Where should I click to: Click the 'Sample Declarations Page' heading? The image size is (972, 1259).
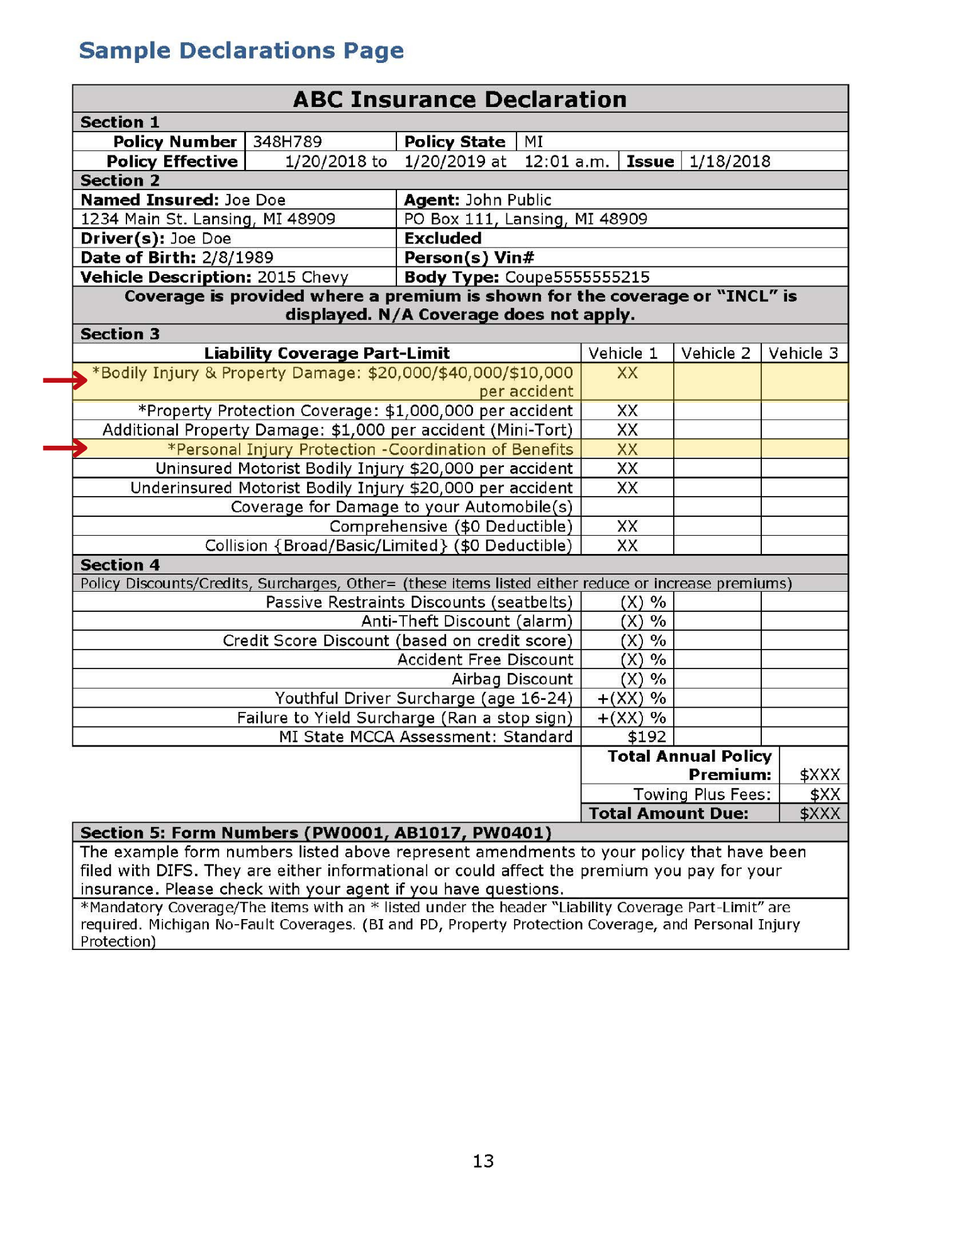click(x=241, y=50)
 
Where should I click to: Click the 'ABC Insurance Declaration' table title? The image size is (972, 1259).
click(x=460, y=99)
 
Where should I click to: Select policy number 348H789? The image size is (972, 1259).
click(x=287, y=142)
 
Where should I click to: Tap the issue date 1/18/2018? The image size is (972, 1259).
click(x=729, y=162)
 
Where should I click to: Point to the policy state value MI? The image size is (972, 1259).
click(x=533, y=142)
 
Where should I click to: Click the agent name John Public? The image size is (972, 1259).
click(x=508, y=200)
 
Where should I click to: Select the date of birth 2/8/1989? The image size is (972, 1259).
click(x=237, y=257)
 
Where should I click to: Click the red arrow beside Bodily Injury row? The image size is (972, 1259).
click(x=65, y=380)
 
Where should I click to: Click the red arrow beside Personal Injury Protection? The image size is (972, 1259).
click(x=65, y=448)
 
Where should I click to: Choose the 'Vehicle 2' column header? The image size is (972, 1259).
click(x=716, y=353)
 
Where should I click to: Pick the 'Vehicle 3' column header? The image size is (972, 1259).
click(x=803, y=353)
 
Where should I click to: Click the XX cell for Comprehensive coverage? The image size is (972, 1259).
click(x=627, y=526)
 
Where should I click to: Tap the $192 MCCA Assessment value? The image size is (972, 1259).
click(x=646, y=737)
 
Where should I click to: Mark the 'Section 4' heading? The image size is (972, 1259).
click(x=120, y=565)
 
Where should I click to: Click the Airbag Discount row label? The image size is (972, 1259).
click(x=512, y=679)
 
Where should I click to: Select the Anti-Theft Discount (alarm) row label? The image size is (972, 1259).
click(x=467, y=621)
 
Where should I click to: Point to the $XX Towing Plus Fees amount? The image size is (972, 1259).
click(x=825, y=794)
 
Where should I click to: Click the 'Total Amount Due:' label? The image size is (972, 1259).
click(x=668, y=813)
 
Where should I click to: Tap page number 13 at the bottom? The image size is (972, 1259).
click(x=483, y=1161)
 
